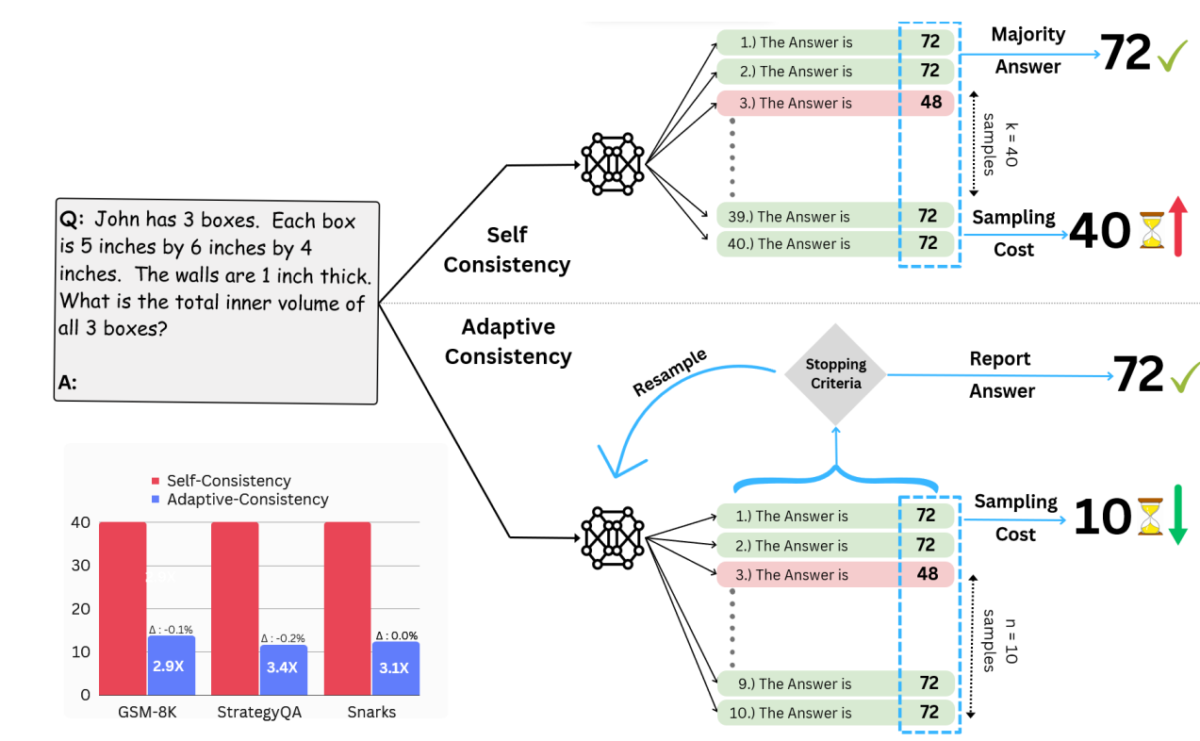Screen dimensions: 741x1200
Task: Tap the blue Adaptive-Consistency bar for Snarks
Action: click(x=394, y=668)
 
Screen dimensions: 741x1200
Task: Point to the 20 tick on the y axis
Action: click(x=82, y=609)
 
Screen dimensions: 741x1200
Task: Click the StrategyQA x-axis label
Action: click(x=260, y=712)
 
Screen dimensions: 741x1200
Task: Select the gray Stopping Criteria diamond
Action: click(x=835, y=374)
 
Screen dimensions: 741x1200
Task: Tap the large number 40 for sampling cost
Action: click(x=1100, y=231)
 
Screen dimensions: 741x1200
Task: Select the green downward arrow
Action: click(x=1177, y=514)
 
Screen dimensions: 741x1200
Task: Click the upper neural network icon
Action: click(x=614, y=164)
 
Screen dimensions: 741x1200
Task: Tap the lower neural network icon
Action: click(x=614, y=537)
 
